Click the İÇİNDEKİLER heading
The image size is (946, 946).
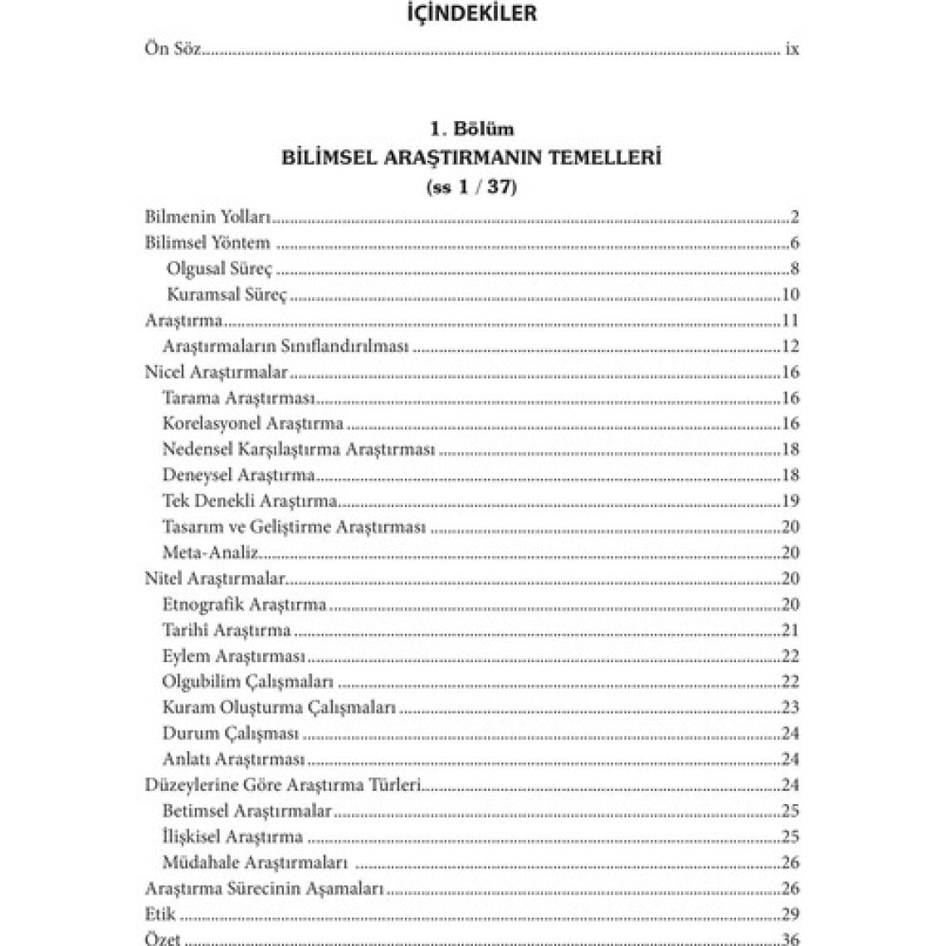pyautogui.click(x=472, y=14)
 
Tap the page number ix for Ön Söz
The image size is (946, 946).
pyautogui.click(x=792, y=49)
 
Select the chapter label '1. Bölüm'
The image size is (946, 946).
pyautogui.click(x=472, y=129)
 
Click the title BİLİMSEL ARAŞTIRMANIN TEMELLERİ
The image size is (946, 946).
pyautogui.click(x=472, y=158)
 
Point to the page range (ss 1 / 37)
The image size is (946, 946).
pyautogui.click(x=472, y=187)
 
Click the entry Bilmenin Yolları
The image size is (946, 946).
pyautogui.click(x=208, y=217)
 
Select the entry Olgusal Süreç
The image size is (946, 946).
pyautogui.click(x=219, y=269)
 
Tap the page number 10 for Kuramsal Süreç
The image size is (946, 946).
pyautogui.click(x=790, y=295)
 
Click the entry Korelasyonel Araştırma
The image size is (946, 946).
pyautogui.click(x=253, y=424)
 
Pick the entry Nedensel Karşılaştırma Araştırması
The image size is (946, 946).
pyautogui.click(x=299, y=450)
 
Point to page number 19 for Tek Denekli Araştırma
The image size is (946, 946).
pyautogui.click(x=790, y=501)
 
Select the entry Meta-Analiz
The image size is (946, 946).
pyautogui.click(x=211, y=553)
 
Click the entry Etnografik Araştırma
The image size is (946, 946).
pyautogui.click(x=245, y=604)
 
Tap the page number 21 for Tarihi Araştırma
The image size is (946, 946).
pyautogui.click(x=790, y=631)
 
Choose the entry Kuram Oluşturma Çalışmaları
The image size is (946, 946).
pyautogui.click(x=279, y=708)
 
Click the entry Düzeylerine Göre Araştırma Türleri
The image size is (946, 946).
pyautogui.click(x=284, y=785)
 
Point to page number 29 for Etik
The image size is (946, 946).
pyautogui.click(x=790, y=914)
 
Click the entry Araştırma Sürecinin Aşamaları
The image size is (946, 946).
pyautogui.click(x=264, y=889)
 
